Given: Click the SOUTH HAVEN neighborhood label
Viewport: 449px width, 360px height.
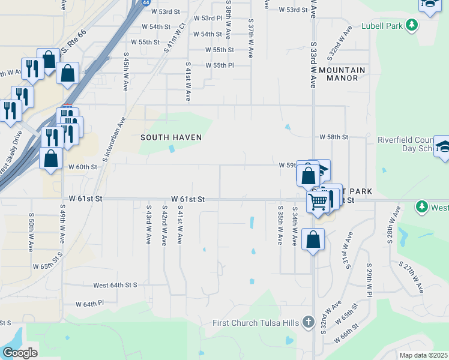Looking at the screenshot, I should tap(170, 137).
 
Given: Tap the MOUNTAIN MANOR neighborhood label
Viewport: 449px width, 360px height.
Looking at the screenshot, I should tap(342, 74).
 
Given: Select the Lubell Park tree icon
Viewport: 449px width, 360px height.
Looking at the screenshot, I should tap(412, 25).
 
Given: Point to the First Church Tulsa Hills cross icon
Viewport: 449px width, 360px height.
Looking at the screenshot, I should tap(309, 323).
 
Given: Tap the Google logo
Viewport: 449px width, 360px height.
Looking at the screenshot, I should tap(20, 353).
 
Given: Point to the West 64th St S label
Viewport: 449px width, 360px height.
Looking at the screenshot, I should tap(115, 285).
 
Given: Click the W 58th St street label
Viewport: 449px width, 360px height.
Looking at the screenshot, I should tap(334, 137).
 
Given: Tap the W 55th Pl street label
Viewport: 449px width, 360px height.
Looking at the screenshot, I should tap(219, 65).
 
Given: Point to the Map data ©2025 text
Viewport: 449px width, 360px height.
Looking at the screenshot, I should tap(423, 355).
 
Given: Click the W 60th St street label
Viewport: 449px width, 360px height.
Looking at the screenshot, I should tap(83, 167).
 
